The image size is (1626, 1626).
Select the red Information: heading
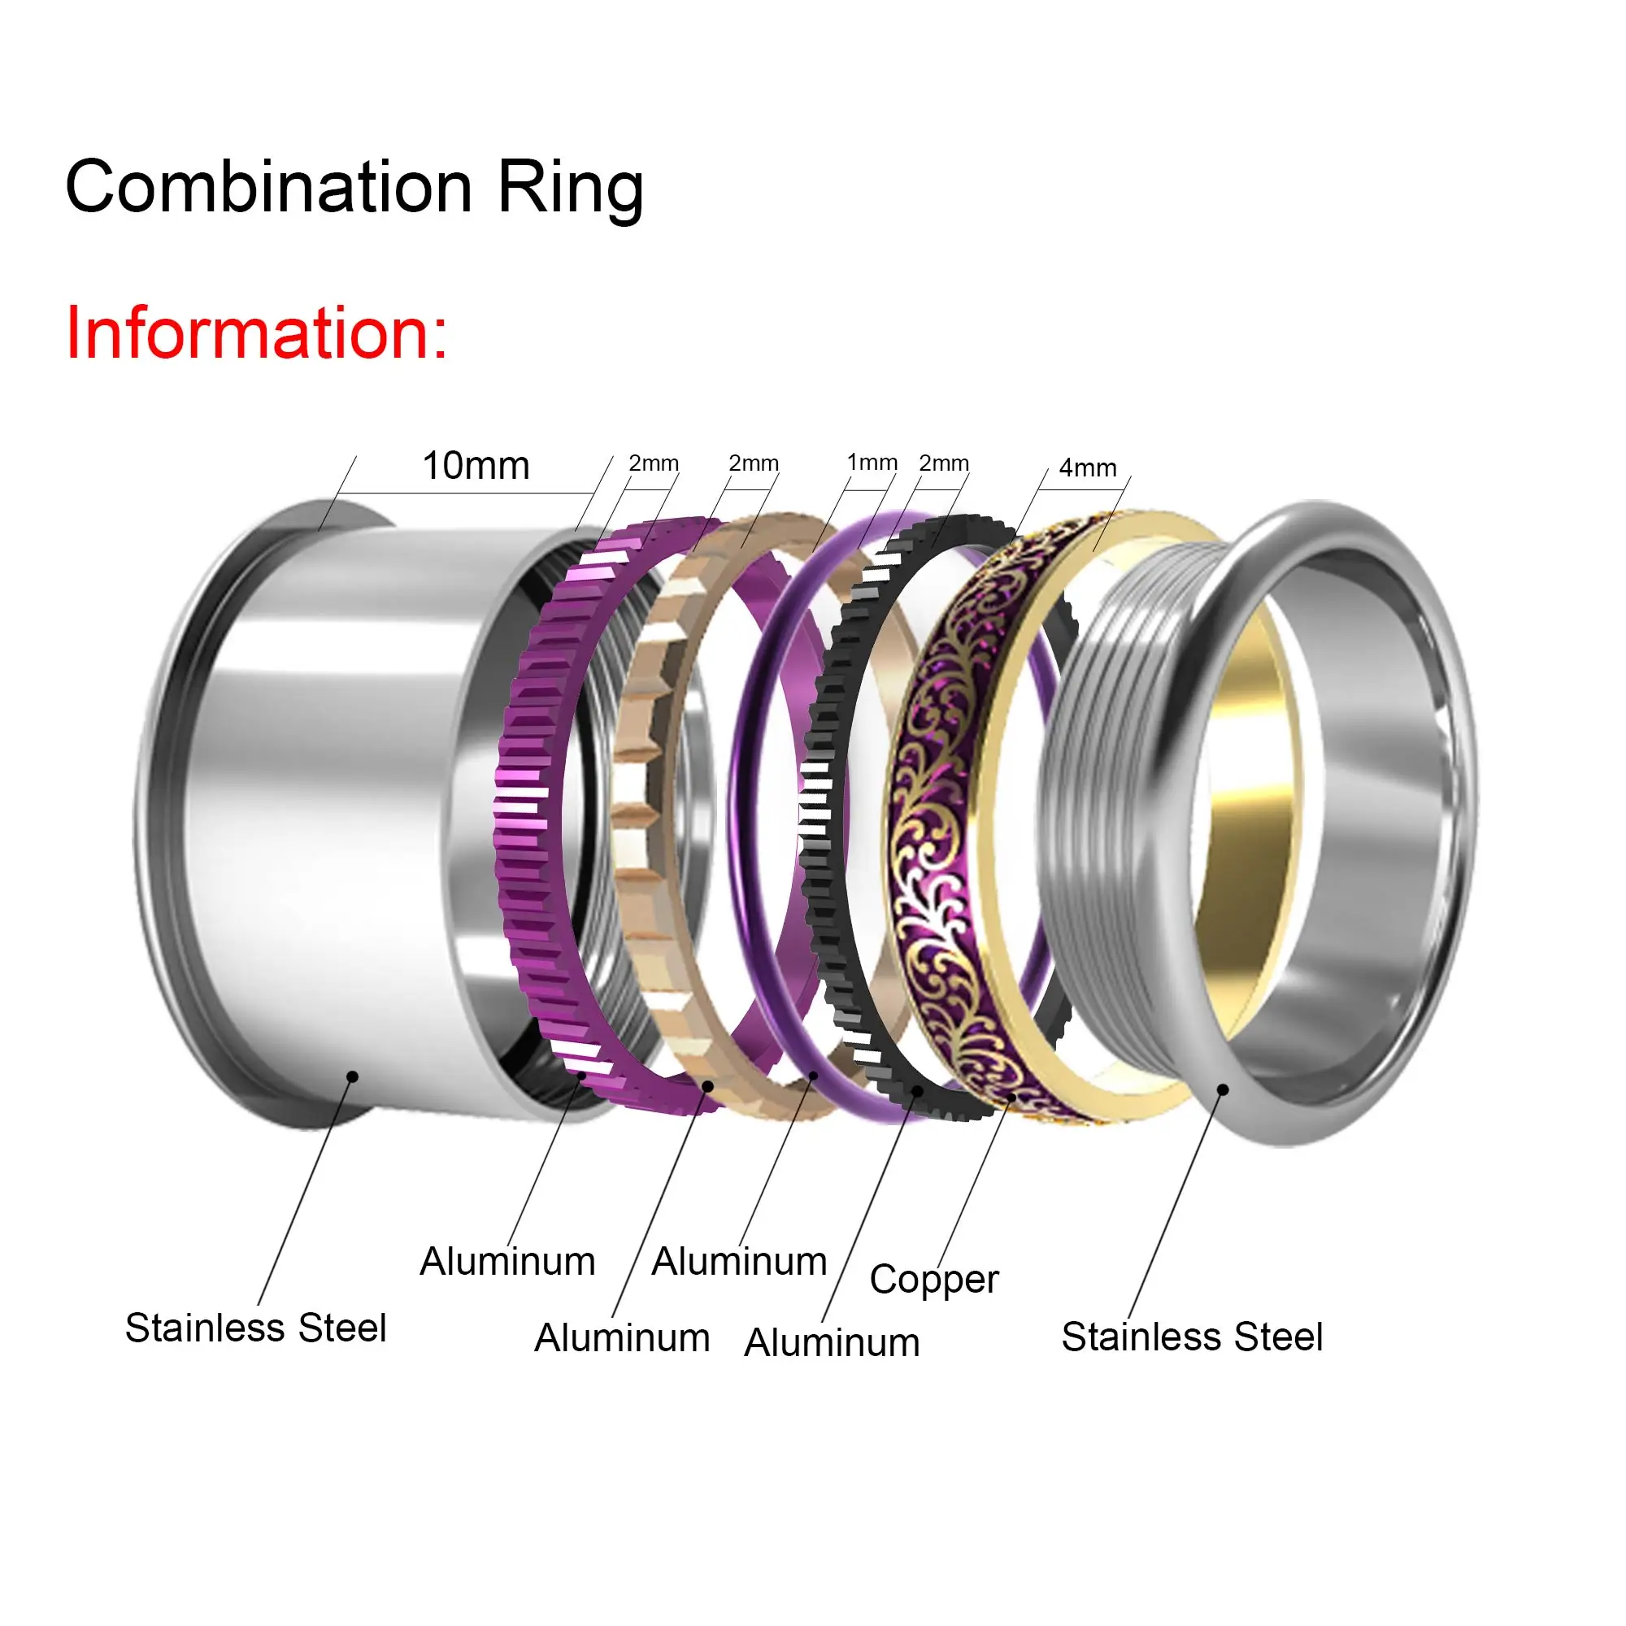pyautogui.click(x=256, y=333)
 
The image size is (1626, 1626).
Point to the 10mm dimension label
pyautogui.click(x=476, y=465)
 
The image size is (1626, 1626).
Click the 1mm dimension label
pyautogui.click(x=871, y=462)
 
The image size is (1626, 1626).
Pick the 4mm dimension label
pyautogui.click(x=1087, y=467)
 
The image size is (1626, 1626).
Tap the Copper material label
pyautogui.click(x=933, y=1278)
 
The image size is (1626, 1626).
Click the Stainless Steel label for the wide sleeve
pyautogui.click(x=256, y=1328)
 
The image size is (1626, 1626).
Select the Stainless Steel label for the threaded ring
pyautogui.click(x=1192, y=1337)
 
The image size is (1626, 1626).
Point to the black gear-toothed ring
pyautogui.click(x=820, y=808)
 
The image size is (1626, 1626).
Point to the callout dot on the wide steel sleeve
pyautogui.click(x=353, y=1076)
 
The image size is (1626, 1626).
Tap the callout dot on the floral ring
pyautogui.click(x=1011, y=1098)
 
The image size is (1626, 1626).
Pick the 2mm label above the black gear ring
pyautogui.click(x=943, y=463)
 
